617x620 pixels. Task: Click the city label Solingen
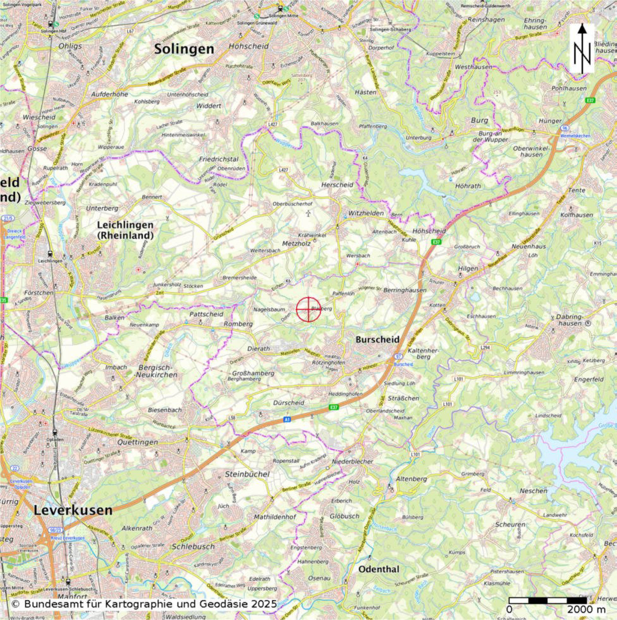184,49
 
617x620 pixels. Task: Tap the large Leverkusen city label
73,510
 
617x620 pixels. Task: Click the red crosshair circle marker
308,309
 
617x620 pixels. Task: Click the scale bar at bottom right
548,600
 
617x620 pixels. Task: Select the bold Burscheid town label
378,339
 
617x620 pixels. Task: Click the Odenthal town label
379,569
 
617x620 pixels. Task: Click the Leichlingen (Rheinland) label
125,230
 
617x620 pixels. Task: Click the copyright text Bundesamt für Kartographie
144,604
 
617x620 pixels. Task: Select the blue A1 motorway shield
287,419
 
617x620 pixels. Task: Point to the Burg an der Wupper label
490,136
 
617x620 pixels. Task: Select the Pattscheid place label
206,313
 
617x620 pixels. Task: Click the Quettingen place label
138,442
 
